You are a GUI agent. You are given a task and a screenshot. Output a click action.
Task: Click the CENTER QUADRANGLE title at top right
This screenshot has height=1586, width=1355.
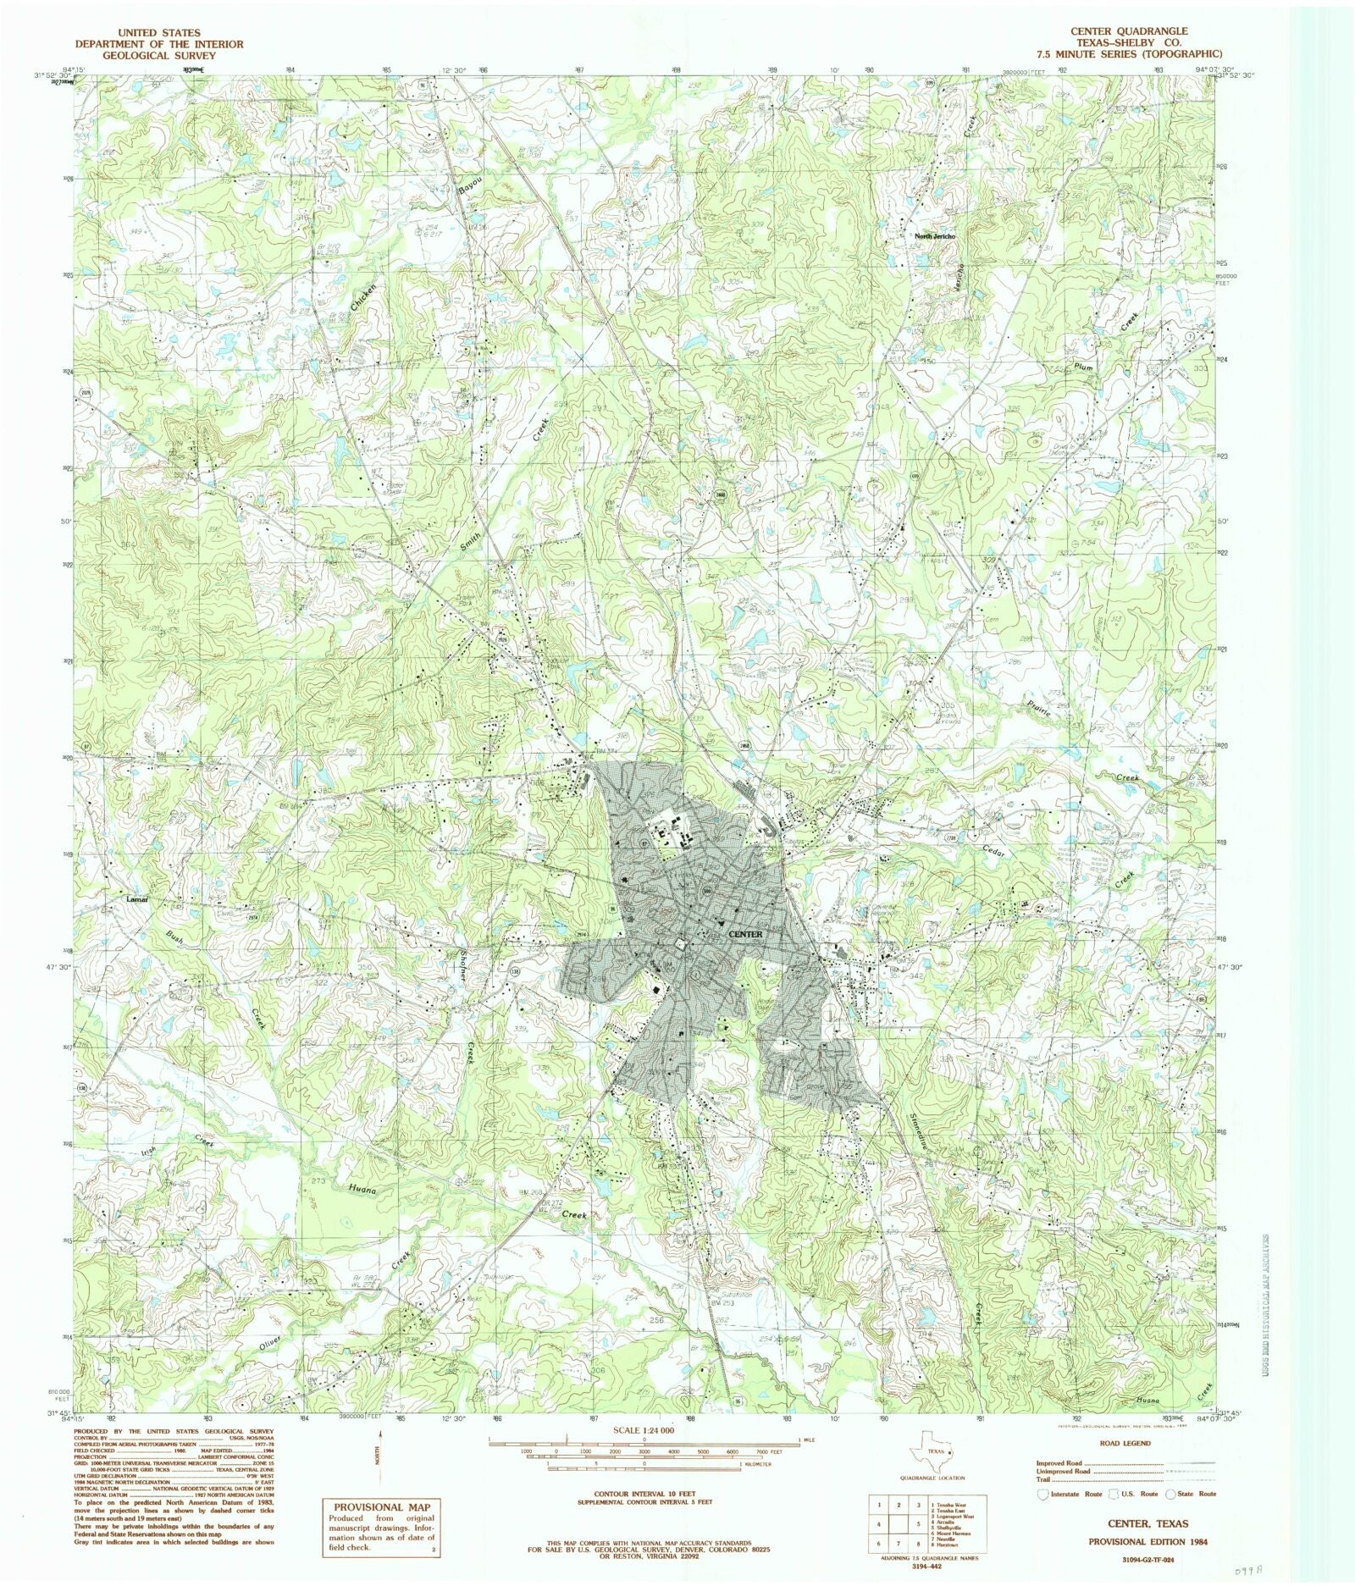[x=1129, y=31]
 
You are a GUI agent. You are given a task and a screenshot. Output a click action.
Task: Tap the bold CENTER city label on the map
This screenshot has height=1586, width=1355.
[x=745, y=934]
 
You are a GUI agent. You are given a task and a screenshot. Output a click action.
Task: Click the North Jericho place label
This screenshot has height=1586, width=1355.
[x=935, y=236]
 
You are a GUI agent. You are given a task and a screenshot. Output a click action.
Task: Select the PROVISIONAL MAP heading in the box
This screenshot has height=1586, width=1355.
[x=381, y=1507]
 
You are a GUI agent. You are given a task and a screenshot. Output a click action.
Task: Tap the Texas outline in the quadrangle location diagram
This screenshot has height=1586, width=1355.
[x=932, y=1452]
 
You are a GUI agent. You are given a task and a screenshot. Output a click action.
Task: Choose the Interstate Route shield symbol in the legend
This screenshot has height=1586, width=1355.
[x=1043, y=1494]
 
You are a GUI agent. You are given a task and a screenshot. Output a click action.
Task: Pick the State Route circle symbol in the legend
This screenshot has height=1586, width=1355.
[x=1171, y=1494]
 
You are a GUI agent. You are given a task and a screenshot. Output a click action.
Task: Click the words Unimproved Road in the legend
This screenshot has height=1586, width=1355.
[x=1063, y=1472]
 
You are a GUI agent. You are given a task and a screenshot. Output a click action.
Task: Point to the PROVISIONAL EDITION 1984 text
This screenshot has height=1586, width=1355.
[x=1148, y=1542]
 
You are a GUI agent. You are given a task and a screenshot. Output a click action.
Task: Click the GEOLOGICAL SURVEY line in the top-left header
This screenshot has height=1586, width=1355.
[x=158, y=55]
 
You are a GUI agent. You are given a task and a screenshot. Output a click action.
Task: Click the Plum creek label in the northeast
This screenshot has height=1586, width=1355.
[x=1083, y=367]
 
